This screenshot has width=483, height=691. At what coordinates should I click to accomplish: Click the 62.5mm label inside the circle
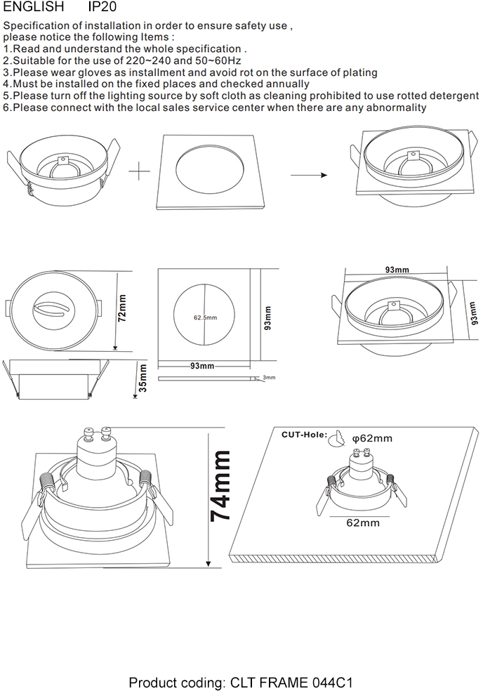pyautogui.click(x=205, y=317)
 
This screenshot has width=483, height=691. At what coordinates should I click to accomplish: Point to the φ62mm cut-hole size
pyautogui.click(x=372, y=438)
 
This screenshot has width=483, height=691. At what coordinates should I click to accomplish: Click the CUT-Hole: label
pyautogui.click(x=303, y=435)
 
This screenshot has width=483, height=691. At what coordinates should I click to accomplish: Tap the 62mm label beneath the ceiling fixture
pyautogui.click(x=363, y=522)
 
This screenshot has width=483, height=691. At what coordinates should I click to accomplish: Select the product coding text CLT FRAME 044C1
pyautogui.click(x=241, y=681)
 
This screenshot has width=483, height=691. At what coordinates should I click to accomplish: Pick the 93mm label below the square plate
pyautogui.click(x=202, y=367)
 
